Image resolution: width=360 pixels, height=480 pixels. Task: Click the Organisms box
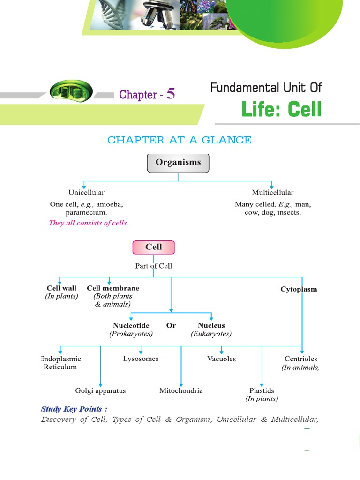[x=178, y=163]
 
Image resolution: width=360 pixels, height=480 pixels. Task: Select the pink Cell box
[x=153, y=247]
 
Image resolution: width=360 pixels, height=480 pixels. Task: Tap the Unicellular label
[x=86, y=192]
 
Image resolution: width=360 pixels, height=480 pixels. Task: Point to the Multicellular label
[x=272, y=192]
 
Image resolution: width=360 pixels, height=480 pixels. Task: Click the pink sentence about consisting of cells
[x=89, y=223]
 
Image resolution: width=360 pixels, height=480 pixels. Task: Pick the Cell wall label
[x=61, y=288]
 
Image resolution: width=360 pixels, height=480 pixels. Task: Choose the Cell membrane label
[x=113, y=288]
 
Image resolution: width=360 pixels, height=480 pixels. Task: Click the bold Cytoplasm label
[x=299, y=289]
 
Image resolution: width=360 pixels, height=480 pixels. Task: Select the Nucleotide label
[x=131, y=325]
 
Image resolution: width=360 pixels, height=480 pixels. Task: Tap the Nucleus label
[x=211, y=325]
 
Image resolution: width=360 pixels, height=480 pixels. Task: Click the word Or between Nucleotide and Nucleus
[x=171, y=325]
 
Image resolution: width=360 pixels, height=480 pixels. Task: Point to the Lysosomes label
[x=141, y=359]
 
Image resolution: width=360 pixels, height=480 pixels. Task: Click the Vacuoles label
[x=221, y=359]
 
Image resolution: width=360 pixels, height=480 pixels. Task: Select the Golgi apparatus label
[x=100, y=390]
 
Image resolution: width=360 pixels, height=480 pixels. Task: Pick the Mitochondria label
[x=181, y=390]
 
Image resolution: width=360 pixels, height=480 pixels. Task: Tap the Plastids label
[x=262, y=390]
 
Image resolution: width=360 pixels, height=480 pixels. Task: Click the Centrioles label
[x=300, y=359]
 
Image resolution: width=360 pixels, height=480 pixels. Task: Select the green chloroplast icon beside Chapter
[x=71, y=90]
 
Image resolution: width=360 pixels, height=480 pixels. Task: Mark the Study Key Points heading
[x=71, y=409]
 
